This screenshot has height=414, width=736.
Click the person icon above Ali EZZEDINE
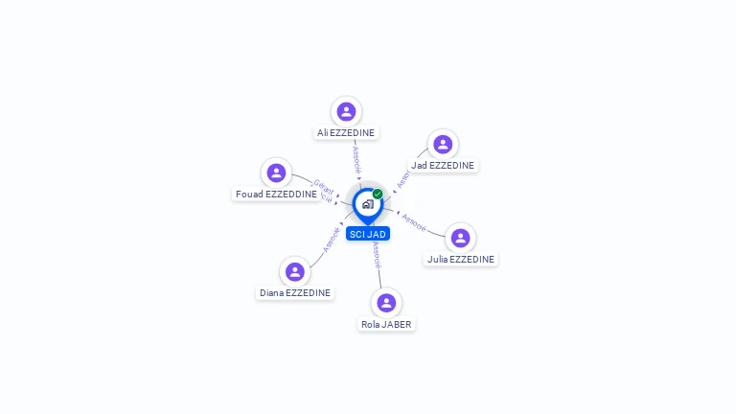tap(346, 112)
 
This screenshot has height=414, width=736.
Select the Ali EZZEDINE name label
tap(346, 133)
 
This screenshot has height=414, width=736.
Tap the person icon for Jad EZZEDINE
tap(442, 145)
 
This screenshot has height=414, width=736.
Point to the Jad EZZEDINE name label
tap(443, 166)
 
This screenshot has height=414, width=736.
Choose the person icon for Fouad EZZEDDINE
tap(276, 173)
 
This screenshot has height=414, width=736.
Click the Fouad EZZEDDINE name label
tap(276, 195)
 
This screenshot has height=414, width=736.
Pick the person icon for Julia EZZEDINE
tap(460, 238)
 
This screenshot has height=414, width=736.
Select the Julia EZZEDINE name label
tap(461, 260)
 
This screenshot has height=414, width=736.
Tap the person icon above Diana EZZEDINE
tap(294, 272)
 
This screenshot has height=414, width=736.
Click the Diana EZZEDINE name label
tap(295, 293)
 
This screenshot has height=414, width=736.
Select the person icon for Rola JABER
tap(386, 303)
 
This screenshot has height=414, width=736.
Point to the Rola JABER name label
tap(386, 325)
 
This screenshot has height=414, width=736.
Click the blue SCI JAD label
tap(368, 234)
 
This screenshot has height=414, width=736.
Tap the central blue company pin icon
tap(367, 204)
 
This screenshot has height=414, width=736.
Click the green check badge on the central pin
tap(378, 195)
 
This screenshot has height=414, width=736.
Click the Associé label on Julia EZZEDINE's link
tap(414, 221)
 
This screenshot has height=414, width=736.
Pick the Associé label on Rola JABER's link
tap(378, 254)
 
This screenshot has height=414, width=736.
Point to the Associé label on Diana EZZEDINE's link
tap(332, 240)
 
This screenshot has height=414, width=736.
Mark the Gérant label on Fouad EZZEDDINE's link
tap(324, 186)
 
